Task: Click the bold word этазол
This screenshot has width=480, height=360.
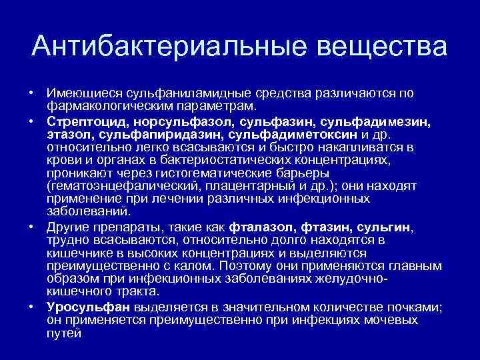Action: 67,135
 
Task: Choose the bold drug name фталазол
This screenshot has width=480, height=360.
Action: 261,227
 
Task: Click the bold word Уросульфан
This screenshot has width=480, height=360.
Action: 89,307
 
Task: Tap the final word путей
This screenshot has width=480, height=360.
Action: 63,333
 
